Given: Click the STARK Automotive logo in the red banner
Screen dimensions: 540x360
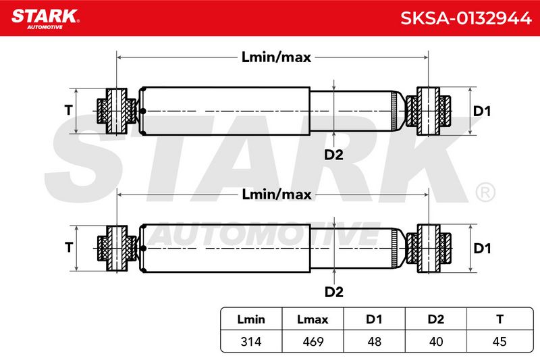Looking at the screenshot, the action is coord(45,19).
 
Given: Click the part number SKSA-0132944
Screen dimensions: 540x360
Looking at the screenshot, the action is coord(466,18).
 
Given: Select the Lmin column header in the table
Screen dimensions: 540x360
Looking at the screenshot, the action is coord(251,319).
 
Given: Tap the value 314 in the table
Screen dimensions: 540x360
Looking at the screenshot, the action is coord(251,341).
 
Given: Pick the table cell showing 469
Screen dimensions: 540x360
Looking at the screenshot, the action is coord(313,341).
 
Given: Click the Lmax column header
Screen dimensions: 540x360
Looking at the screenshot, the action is coord(313,319).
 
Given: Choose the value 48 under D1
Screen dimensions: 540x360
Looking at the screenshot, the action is coord(375,341).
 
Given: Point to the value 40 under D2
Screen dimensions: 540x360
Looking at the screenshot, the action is coord(436,341).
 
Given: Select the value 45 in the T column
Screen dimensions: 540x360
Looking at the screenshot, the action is coord(500,341).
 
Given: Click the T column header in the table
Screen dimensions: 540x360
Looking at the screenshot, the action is coord(500,319).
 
